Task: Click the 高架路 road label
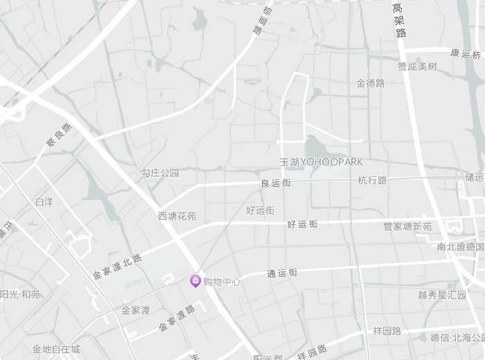coord(399,20)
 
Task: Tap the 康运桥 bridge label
coord(465,53)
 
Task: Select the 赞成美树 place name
coord(417,66)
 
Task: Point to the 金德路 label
coord(371,83)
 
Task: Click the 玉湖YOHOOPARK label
coord(321,162)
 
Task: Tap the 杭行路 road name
coord(372,180)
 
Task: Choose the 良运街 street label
coord(275,183)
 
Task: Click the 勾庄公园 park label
coord(160,172)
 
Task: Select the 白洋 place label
coord(44,201)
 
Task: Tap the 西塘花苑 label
coord(177,216)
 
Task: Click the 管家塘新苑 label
coord(407,226)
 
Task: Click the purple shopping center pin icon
coord(195,281)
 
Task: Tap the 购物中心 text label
coord(222,282)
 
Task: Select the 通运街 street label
coord(282,273)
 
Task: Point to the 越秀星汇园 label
coord(442,294)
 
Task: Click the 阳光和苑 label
coord(20,294)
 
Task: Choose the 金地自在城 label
coord(56,349)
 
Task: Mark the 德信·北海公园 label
coord(458,338)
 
